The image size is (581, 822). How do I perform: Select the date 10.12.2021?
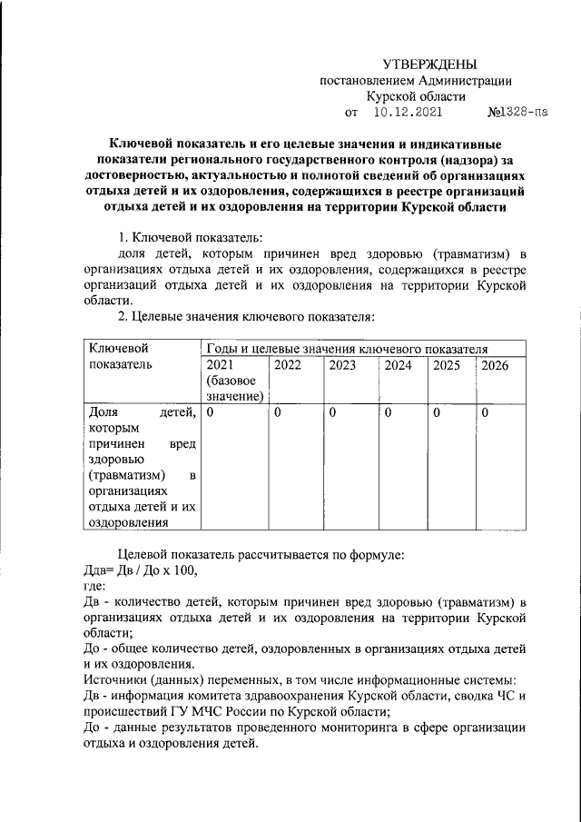click(x=408, y=114)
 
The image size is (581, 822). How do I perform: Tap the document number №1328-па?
click(x=517, y=114)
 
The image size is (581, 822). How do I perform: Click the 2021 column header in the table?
click(x=221, y=365)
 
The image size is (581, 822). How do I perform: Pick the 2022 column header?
click(x=288, y=365)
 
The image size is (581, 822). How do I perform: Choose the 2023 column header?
click(x=342, y=365)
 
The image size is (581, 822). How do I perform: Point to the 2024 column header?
click(x=398, y=365)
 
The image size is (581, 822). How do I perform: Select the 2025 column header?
click(x=447, y=365)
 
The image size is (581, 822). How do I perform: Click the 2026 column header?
click(x=495, y=365)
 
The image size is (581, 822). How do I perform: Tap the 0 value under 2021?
click(x=210, y=413)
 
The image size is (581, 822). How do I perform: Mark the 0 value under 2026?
click(x=485, y=413)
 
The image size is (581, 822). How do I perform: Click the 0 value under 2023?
click(x=332, y=413)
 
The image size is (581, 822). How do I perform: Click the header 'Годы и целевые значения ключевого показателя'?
click(x=348, y=348)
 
